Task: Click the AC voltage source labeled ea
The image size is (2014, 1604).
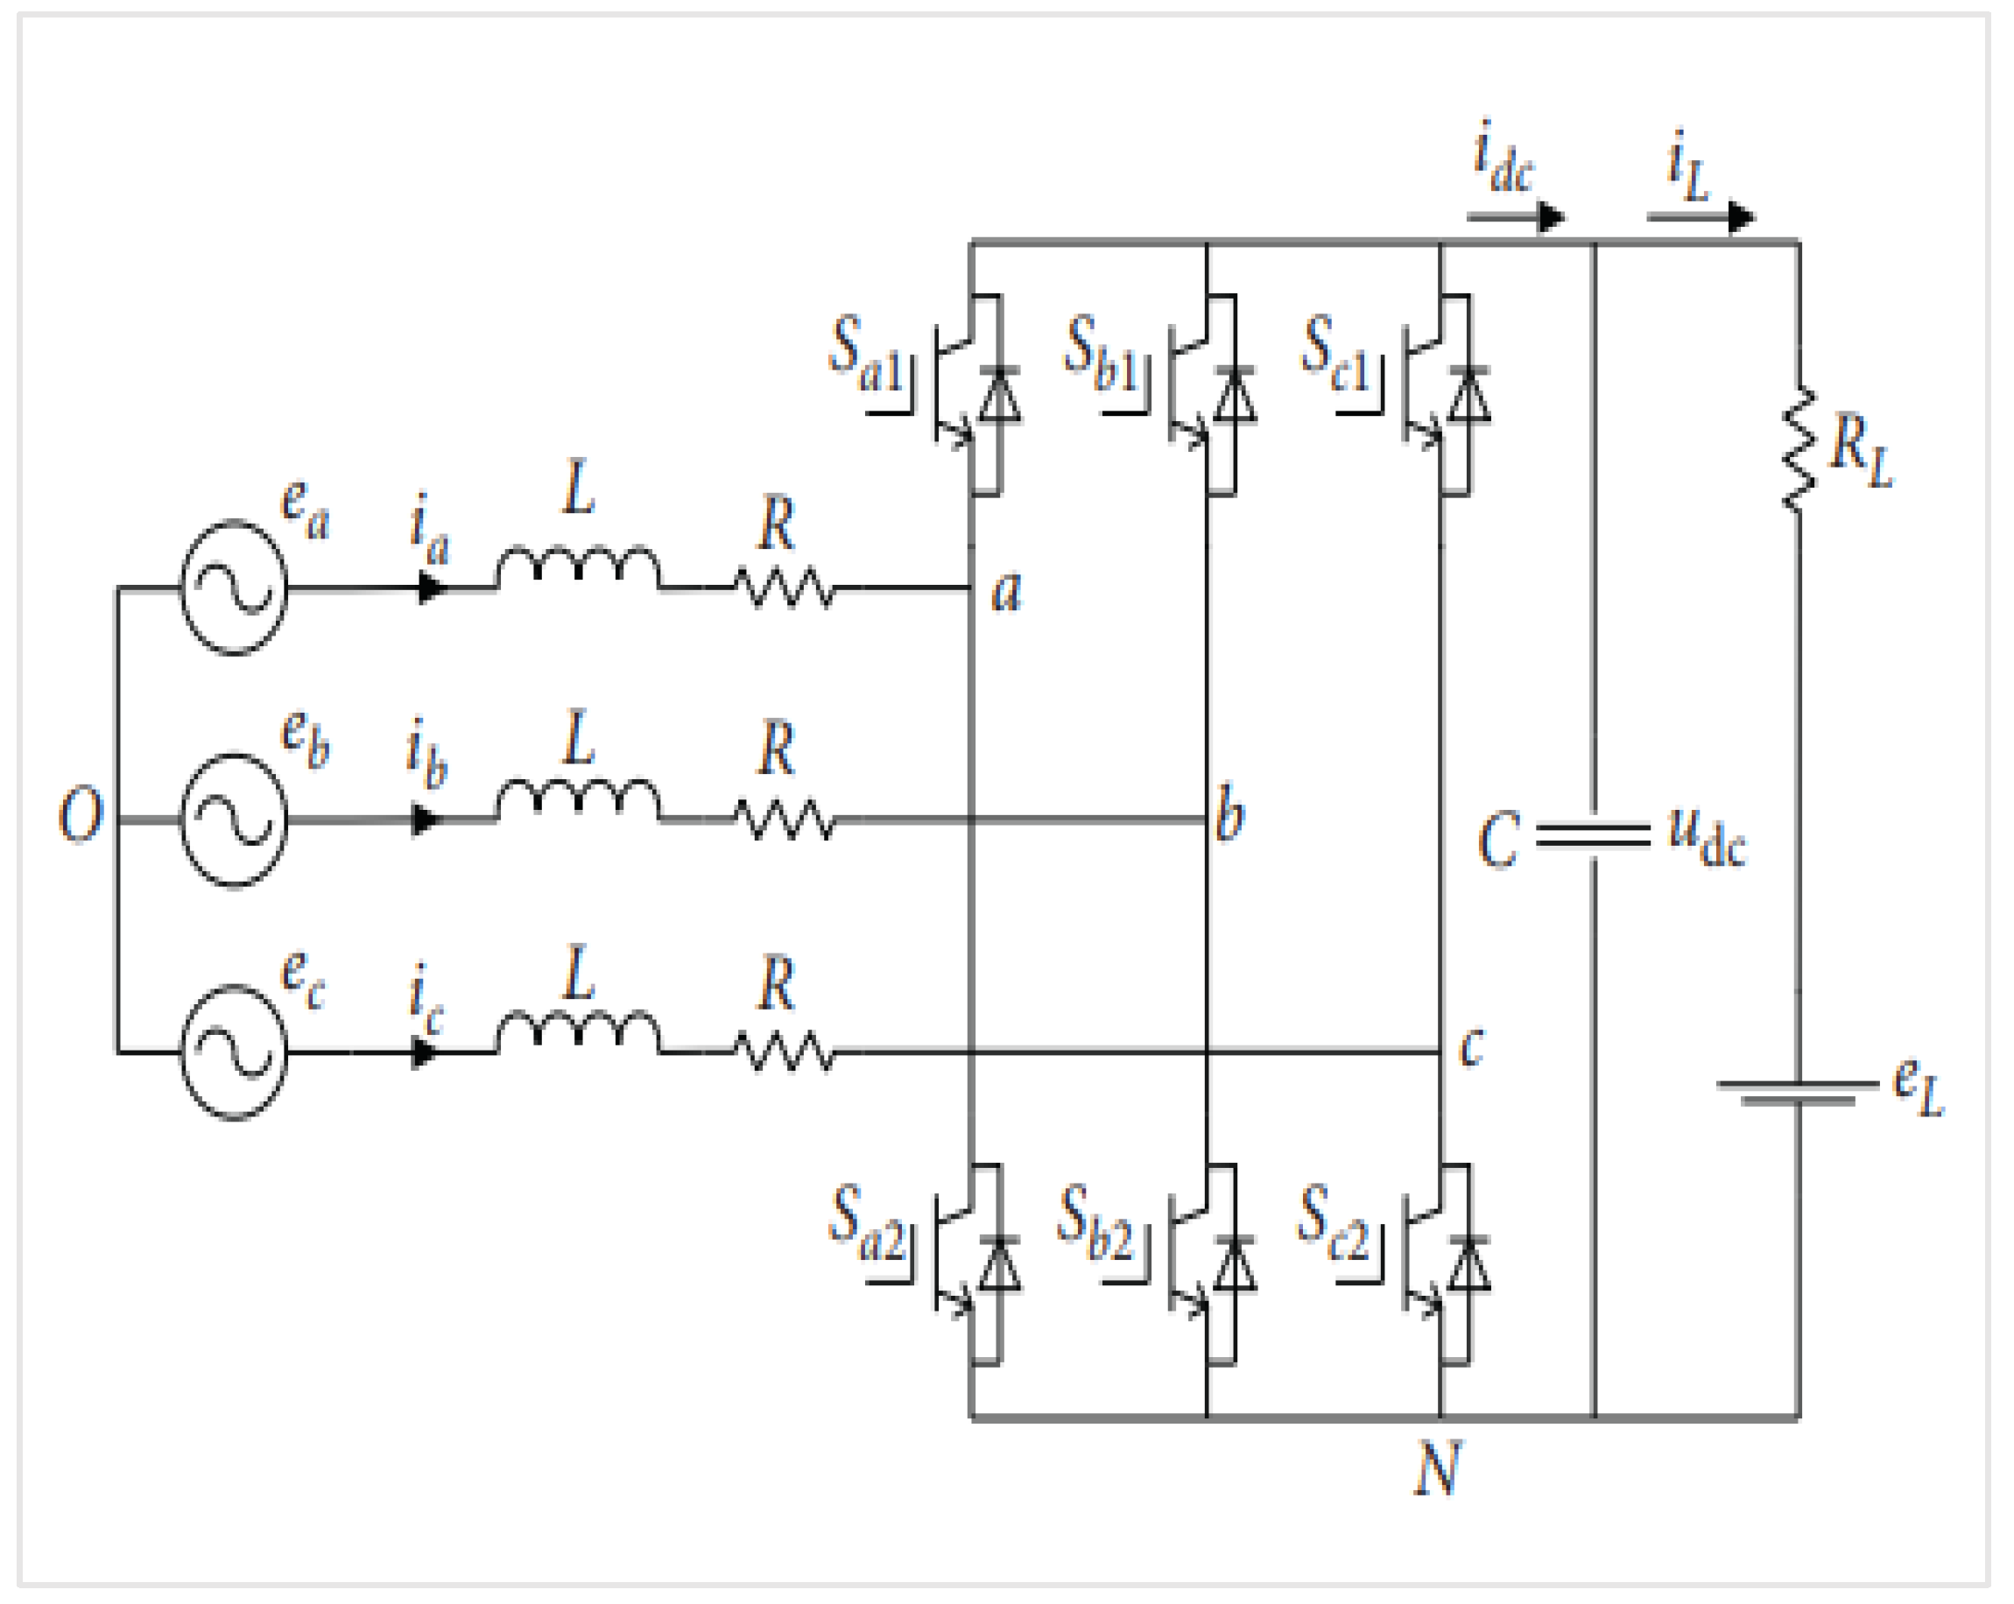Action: (x=233, y=587)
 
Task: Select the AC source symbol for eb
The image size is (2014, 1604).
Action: (x=233, y=820)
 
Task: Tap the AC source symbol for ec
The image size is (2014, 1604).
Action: (x=233, y=1052)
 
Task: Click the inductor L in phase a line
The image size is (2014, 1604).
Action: (x=577, y=566)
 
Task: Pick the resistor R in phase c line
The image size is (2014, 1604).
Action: (x=785, y=1052)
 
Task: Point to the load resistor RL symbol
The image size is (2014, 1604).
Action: (x=1799, y=449)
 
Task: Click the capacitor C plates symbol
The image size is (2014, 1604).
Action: (x=1594, y=835)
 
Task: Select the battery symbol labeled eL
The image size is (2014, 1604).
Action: (x=1799, y=1093)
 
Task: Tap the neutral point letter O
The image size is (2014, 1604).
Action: (x=81, y=814)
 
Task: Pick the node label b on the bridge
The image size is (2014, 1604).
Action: (x=1229, y=813)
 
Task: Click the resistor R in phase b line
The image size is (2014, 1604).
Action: (x=785, y=820)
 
